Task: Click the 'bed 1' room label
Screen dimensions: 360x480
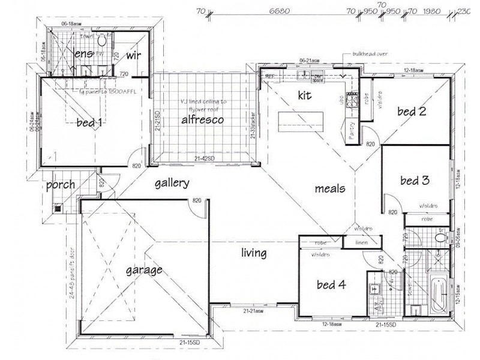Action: tap(89, 124)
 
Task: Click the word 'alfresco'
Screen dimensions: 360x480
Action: tap(203, 120)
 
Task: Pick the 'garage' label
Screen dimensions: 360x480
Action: tap(143, 270)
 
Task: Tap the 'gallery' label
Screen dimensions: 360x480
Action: tap(172, 184)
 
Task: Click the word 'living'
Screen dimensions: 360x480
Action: tap(254, 253)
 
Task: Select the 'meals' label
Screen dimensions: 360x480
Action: tap(330, 188)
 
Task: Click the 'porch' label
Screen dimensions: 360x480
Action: tap(61, 184)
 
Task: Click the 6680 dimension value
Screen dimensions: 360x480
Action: tap(280, 10)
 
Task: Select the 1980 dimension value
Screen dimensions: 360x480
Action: tap(431, 10)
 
